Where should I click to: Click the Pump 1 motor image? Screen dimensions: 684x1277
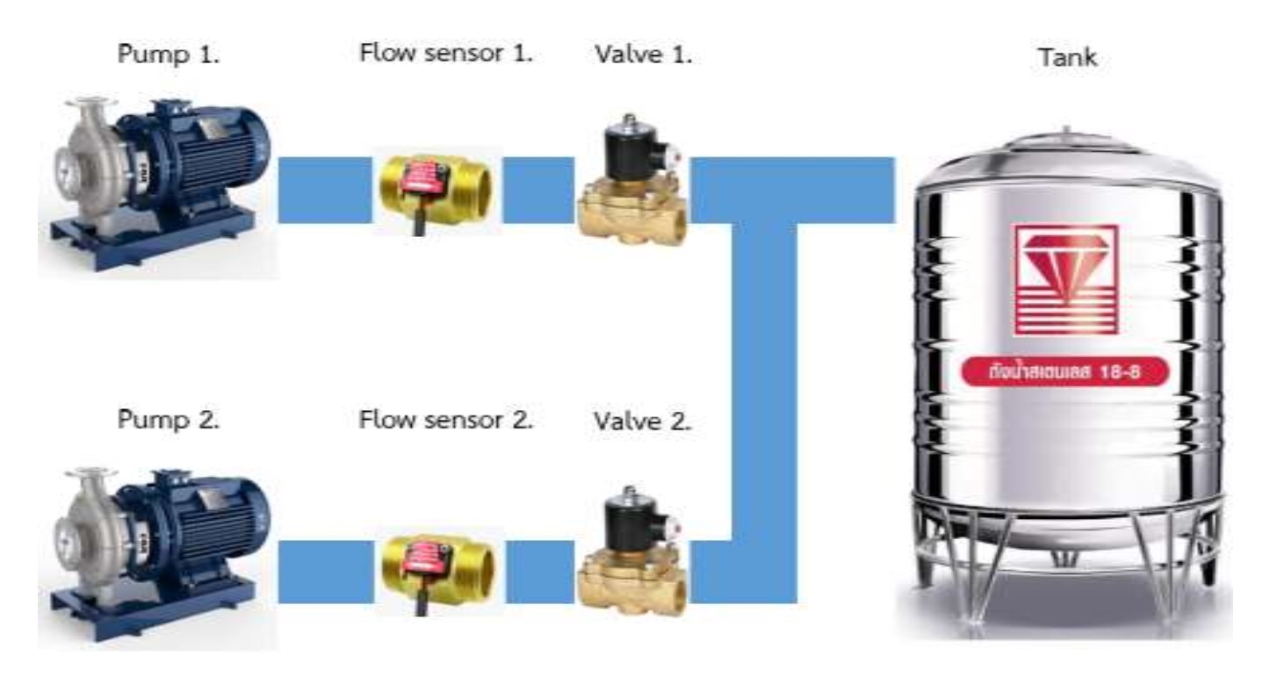pyautogui.click(x=158, y=184)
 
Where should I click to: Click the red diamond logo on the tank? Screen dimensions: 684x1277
pyautogui.click(x=1065, y=277)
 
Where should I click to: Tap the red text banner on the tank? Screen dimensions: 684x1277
pyautogui.click(x=1065, y=372)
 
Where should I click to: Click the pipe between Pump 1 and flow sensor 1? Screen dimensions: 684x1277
pyautogui.click(x=324, y=190)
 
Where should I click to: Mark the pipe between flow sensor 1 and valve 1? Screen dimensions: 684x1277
pyautogui.click(x=538, y=190)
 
